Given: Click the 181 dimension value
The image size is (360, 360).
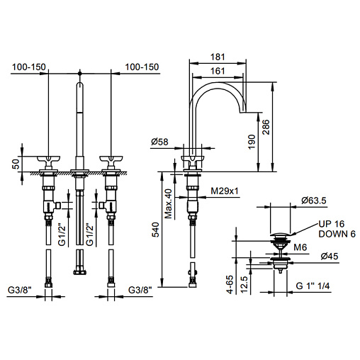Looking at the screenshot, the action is click(x=218, y=57).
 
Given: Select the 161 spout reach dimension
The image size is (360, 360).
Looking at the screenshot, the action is click(x=218, y=71).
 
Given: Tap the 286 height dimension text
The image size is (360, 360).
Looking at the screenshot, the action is click(x=266, y=127).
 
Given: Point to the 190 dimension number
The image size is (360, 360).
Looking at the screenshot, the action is click(x=252, y=142).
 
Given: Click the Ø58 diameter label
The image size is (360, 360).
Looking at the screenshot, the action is click(x=159, y=142).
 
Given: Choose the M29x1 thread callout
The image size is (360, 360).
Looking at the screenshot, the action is click(x=225, y=191).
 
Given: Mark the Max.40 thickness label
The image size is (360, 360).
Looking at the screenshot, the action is click(x=168, y=203).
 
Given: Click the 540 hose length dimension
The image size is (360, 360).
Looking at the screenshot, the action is click(x=155, y=230).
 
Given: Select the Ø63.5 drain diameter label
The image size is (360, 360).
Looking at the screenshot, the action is click(x=314, y=201).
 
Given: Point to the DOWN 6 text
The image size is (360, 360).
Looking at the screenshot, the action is click(x=337, y=234).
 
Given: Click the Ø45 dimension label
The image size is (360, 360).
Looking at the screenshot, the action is click(x=330, y=256).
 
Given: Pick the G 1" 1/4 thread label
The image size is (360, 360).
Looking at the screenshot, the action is click(x=313, y=286).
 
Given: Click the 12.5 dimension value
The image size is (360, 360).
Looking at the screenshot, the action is click(x=244, y=285).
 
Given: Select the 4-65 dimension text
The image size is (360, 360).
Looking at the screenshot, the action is click(x=230, y=284).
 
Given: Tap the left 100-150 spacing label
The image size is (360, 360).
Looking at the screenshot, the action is click(x=29, y=67).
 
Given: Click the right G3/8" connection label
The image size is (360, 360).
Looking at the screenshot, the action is click(x=140, y=290).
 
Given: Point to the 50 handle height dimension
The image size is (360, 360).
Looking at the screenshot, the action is click(x=16, y=164).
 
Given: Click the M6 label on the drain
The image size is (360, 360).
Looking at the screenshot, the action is click(x=300, y=247).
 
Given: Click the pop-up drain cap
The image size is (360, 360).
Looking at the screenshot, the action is click(x=280, y=235).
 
